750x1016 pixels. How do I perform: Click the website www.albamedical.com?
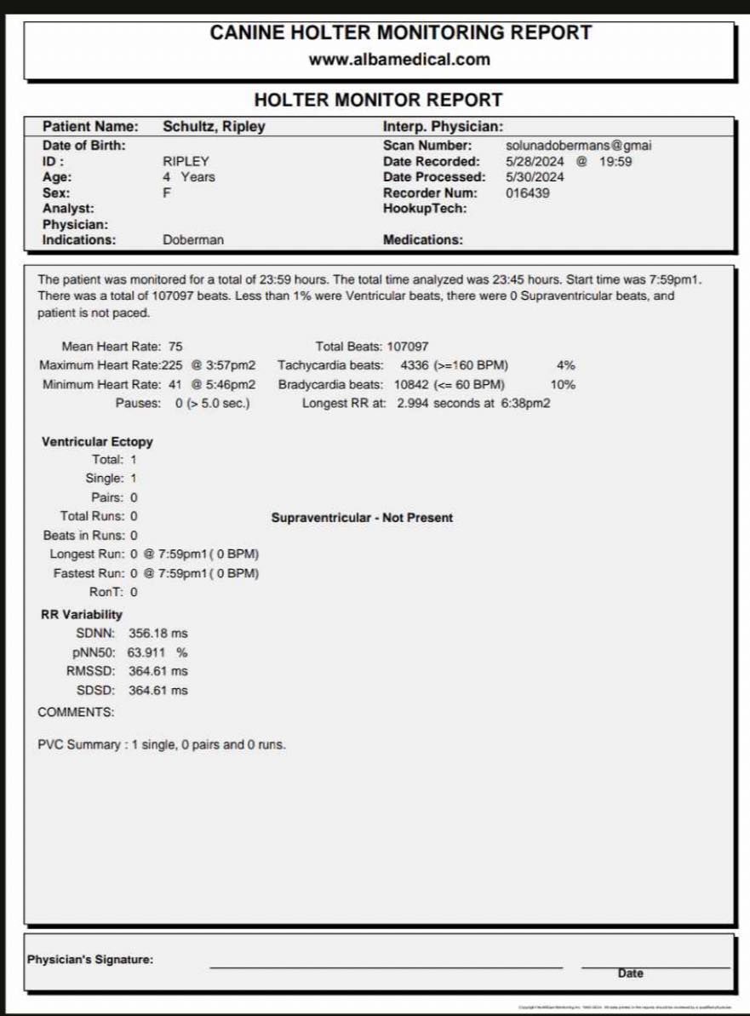pos(399,60)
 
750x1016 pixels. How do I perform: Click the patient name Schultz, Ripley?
pos(214,127)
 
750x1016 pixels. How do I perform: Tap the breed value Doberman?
pos(193,240)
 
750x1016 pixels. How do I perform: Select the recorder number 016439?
pos(528,193)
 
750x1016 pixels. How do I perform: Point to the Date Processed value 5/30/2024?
pos(535,177)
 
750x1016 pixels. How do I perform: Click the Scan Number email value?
pos(578,146)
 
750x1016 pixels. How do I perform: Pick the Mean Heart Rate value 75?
pos(175,347)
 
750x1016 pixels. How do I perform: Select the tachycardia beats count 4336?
pos(415,365)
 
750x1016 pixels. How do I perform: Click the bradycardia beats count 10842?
pos(412,384)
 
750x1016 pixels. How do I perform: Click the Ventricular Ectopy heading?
pos(97,442)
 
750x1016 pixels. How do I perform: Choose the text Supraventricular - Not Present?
pos(362,518)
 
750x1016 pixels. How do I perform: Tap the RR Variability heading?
pos(82,614)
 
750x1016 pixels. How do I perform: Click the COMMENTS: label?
pos(76,712)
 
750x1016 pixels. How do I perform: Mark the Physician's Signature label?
pos(90,959)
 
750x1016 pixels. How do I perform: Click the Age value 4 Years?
pos(189,177)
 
